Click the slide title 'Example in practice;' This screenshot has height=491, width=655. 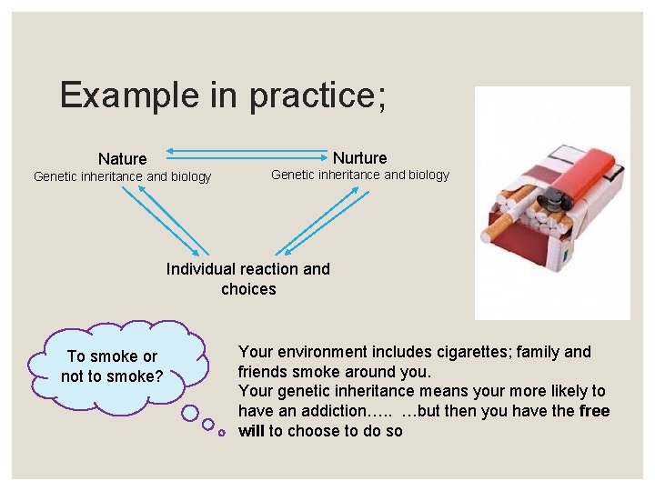click(x=223, y=95)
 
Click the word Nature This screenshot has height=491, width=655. click(x=122, y=159)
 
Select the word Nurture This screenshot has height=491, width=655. click(x=359, y=158)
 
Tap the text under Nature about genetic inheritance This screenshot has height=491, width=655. click(x=122, y=177)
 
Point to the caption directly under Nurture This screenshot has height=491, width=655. click(x=360, y=175)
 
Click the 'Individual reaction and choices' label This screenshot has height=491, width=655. click(x=247, y=279)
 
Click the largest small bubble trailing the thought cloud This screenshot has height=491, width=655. click(x=190, y=414)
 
